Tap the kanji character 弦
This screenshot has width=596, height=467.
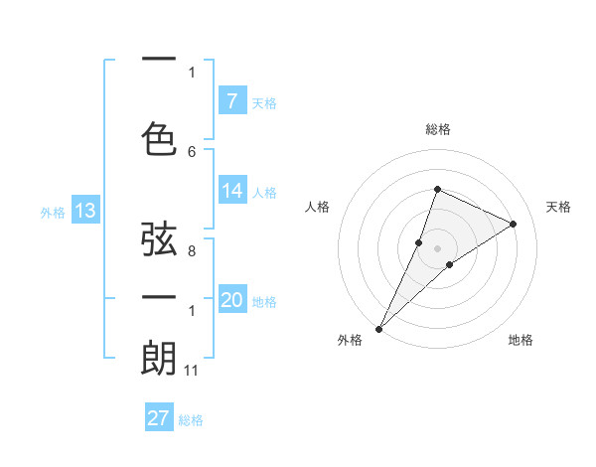coord(159,240)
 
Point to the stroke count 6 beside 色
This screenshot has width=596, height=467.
coord(192,151)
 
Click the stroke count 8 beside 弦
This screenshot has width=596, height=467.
coord(192,251)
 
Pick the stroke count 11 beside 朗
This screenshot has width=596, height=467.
coord(192,371)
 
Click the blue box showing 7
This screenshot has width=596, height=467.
coord(231,100)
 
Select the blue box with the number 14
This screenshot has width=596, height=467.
coord(231,191)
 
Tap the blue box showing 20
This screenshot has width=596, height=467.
coord(231,301)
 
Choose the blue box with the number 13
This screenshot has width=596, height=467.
coord(84,211)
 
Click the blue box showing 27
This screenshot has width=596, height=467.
coord(159,418)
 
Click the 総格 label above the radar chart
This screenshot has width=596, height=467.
coord(437,129)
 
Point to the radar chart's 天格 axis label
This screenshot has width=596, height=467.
coord(558,207)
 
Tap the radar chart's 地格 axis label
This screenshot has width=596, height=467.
coord(521,340)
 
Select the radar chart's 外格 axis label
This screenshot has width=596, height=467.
coord(350,340)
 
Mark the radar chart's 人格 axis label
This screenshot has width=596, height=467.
coord(317,207)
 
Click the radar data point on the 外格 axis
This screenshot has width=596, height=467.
coord(378,328)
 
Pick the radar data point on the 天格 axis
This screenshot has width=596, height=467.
coord(514,224)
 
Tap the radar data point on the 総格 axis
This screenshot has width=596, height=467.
coord(437,189)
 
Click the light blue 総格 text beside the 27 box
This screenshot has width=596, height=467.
coord(191,420)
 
